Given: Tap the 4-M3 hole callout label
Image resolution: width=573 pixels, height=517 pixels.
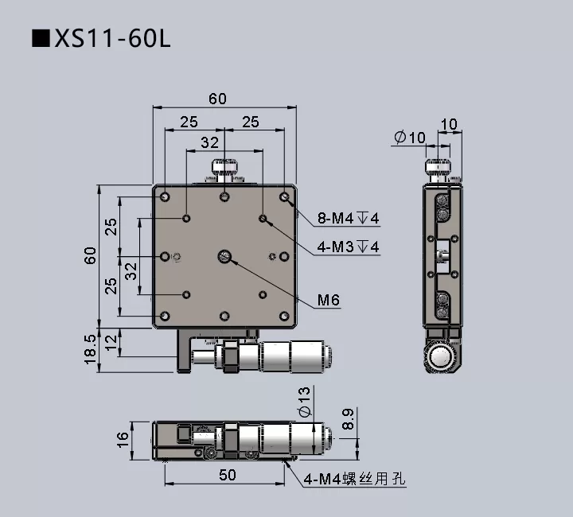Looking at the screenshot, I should [x=349, y=247].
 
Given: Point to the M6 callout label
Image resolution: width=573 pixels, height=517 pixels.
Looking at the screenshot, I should [x=329, y=301].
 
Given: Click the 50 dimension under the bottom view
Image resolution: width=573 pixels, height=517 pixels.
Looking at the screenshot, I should [x=227, y=475].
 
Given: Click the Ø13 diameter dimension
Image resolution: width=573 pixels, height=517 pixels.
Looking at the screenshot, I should [x=304, y=402].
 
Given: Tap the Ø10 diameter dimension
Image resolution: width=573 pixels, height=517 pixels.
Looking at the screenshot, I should [x=410, y=138].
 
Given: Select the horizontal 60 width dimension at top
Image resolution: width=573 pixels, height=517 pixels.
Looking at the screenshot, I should [x=217, y=99].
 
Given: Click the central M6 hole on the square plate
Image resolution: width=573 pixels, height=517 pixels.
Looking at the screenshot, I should [x=225, y=256].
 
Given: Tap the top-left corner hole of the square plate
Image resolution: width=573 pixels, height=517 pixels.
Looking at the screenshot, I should [x=165, y=196].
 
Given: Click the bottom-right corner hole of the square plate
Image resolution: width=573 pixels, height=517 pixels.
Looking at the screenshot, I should [x=285, y=316].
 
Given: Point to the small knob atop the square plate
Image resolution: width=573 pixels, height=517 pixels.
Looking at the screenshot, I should [x=224, y=171].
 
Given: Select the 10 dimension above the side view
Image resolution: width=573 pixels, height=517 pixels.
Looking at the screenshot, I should [x=449, y=124].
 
